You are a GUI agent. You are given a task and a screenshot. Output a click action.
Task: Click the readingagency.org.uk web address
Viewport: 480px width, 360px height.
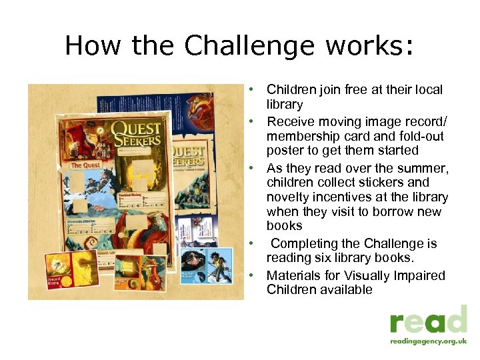click(x=429, y=341)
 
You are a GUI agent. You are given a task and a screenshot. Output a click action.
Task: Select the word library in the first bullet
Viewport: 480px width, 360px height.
click(x=285, y=104)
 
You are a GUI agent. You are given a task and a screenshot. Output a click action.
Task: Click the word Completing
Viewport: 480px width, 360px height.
click(x=305, y=243)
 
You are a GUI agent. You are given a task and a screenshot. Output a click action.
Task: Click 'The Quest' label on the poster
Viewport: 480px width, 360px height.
click(x=85, y=165)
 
